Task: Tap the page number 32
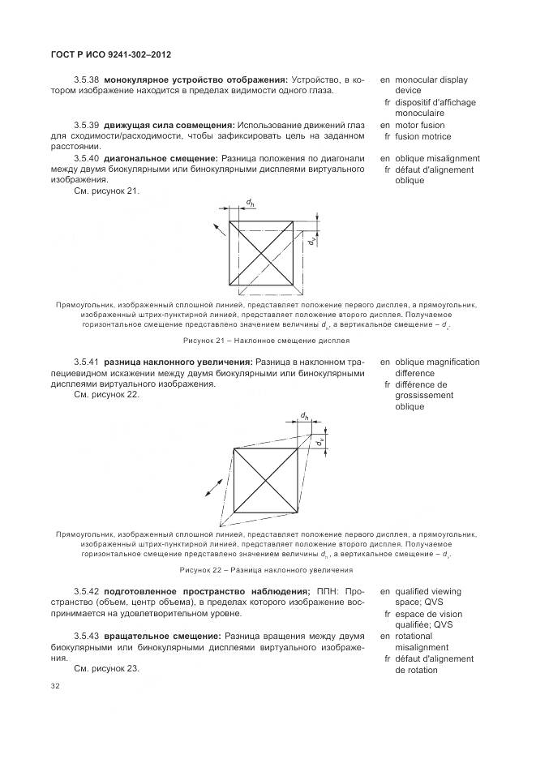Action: pos(55,686)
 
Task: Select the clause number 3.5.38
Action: pos(86,80)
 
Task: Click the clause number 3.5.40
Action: pos(86,158)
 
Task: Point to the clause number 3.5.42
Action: pos(86,592)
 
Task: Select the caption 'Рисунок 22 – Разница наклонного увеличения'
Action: pos(267,570)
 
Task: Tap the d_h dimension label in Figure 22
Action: pos(304,416)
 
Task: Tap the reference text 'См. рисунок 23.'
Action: pos(106,669)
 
